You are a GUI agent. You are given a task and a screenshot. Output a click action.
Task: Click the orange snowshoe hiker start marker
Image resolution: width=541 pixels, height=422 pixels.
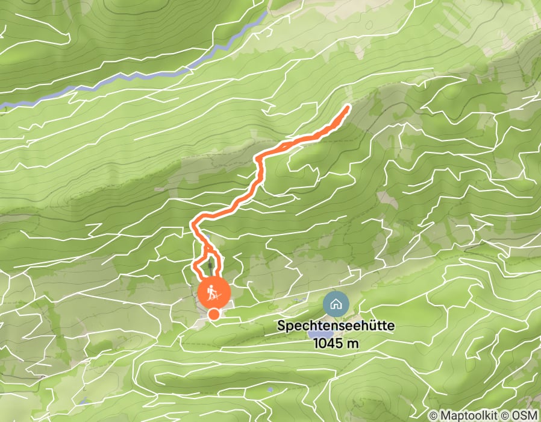coord(213,293)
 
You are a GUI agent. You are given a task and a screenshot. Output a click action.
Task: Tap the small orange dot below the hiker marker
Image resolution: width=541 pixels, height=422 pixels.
coord(213,313)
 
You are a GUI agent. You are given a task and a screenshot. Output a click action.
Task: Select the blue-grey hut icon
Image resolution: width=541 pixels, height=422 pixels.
coord(336,304)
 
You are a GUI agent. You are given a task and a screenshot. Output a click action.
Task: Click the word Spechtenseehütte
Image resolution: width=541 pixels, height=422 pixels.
coord(336,326)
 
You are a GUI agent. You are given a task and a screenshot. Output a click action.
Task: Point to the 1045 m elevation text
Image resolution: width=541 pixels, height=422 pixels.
coord(336,343)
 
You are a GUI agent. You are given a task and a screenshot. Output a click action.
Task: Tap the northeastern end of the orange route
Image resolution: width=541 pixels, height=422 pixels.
coord(348,107)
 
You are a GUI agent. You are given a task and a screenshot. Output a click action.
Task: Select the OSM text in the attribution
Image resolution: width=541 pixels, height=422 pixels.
coord(525,416)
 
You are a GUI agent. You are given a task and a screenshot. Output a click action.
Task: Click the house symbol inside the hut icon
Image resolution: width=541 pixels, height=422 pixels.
coord(336,304)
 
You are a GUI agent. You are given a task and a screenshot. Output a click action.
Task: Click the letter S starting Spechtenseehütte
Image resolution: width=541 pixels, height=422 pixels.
coord(281,326)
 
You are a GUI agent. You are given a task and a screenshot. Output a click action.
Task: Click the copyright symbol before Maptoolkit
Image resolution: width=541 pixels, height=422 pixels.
coord(434,416)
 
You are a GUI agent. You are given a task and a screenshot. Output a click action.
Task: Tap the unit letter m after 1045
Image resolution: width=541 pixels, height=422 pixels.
coord(351,344)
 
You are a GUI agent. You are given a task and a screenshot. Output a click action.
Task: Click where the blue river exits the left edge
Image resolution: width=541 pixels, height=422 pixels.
coord(2,105)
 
